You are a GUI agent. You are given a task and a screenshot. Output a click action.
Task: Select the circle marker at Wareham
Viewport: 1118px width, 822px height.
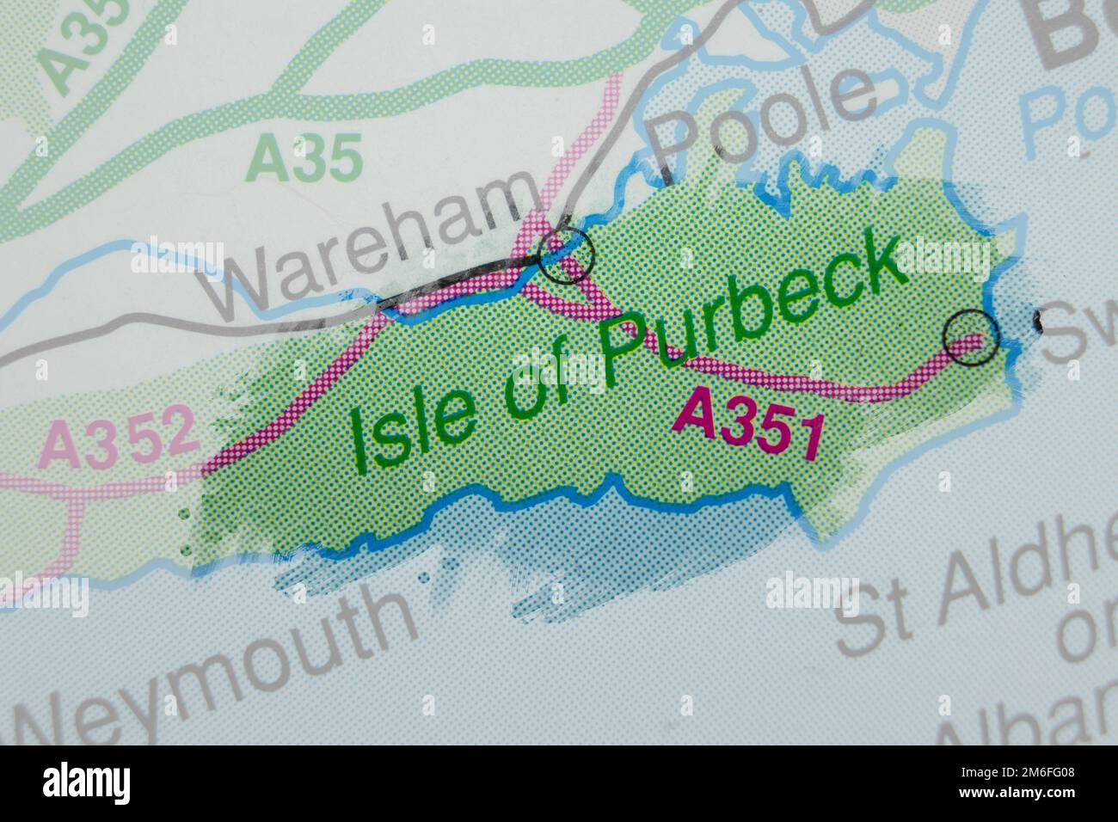click(566, 255)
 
